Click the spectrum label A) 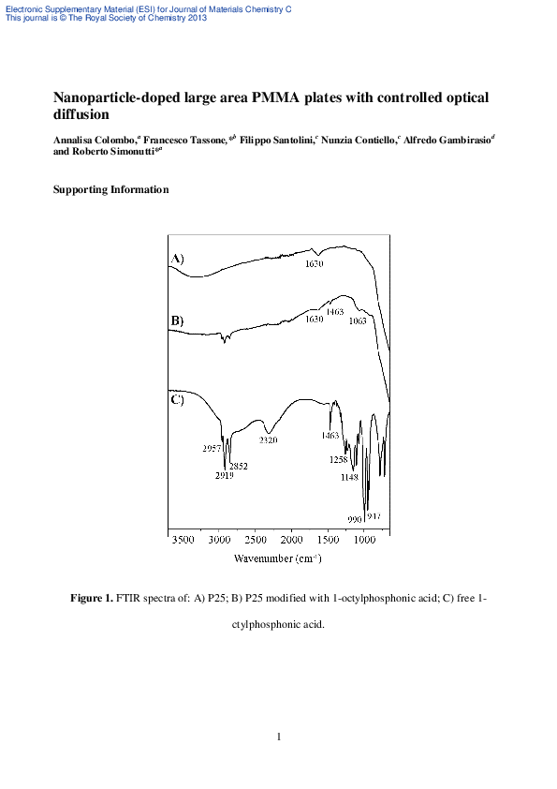177,259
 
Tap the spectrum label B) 177,321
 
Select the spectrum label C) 178,400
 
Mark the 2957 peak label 211,448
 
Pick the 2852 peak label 241,466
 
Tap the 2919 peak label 224,476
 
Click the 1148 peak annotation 349,476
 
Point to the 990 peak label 354,518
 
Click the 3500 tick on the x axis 183,541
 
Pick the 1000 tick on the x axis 364,541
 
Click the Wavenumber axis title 278,558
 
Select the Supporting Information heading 110,189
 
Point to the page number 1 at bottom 279,737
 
